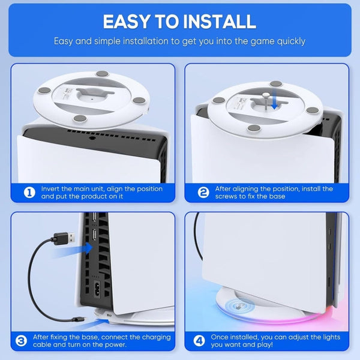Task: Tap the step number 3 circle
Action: [x=21, y=341]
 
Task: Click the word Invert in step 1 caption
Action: [x=52, y=189]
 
